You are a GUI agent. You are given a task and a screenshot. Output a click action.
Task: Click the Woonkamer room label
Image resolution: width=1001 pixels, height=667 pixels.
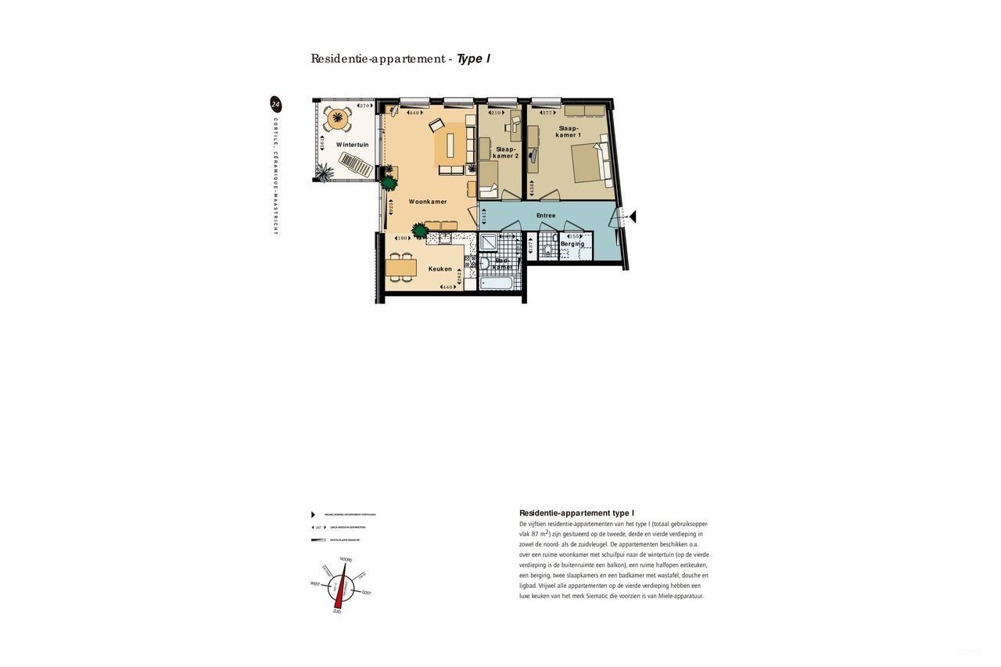(428, 202)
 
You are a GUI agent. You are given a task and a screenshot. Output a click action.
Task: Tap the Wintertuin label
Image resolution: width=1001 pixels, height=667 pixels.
(352, 145)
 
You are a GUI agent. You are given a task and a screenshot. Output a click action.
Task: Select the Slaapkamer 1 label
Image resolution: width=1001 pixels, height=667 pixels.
(569, 131)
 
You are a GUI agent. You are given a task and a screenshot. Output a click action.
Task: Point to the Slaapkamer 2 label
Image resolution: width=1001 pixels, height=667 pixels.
(506, 152)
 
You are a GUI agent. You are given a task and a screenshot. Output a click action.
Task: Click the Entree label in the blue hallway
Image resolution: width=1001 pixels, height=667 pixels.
(546, 215)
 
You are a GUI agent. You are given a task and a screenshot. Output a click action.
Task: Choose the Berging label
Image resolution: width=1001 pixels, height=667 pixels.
(572, 244)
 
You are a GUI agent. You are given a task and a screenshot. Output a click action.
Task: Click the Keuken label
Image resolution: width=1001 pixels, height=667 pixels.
(440, 269)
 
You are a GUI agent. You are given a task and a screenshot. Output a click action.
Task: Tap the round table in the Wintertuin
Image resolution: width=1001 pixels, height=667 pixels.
(338, 119)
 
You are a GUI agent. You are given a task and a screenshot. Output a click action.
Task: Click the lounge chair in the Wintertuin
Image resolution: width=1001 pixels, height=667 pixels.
(356, 165)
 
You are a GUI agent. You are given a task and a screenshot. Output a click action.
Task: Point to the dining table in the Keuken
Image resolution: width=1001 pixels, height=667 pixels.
(400, 268)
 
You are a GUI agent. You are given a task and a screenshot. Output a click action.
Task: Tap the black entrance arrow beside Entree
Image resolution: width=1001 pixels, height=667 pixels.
(633, 217)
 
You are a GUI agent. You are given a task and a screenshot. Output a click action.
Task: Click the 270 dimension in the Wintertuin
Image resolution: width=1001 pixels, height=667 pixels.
(364, 106)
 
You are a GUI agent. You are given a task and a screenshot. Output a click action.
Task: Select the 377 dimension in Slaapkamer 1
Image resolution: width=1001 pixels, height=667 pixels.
(547, 113)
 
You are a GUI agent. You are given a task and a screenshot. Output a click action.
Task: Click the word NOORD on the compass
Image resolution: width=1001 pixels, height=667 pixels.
(346, 560)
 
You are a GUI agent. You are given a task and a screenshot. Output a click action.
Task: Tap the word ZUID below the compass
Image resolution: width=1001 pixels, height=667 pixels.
(337, 611)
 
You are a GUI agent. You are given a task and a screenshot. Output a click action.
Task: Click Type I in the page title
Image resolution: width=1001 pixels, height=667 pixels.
(473, 59)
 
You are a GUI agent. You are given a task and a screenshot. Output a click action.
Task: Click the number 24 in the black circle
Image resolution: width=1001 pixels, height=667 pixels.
(275, 104)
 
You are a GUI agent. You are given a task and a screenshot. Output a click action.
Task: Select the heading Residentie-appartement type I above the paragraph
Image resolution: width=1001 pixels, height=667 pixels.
(576, 513)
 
